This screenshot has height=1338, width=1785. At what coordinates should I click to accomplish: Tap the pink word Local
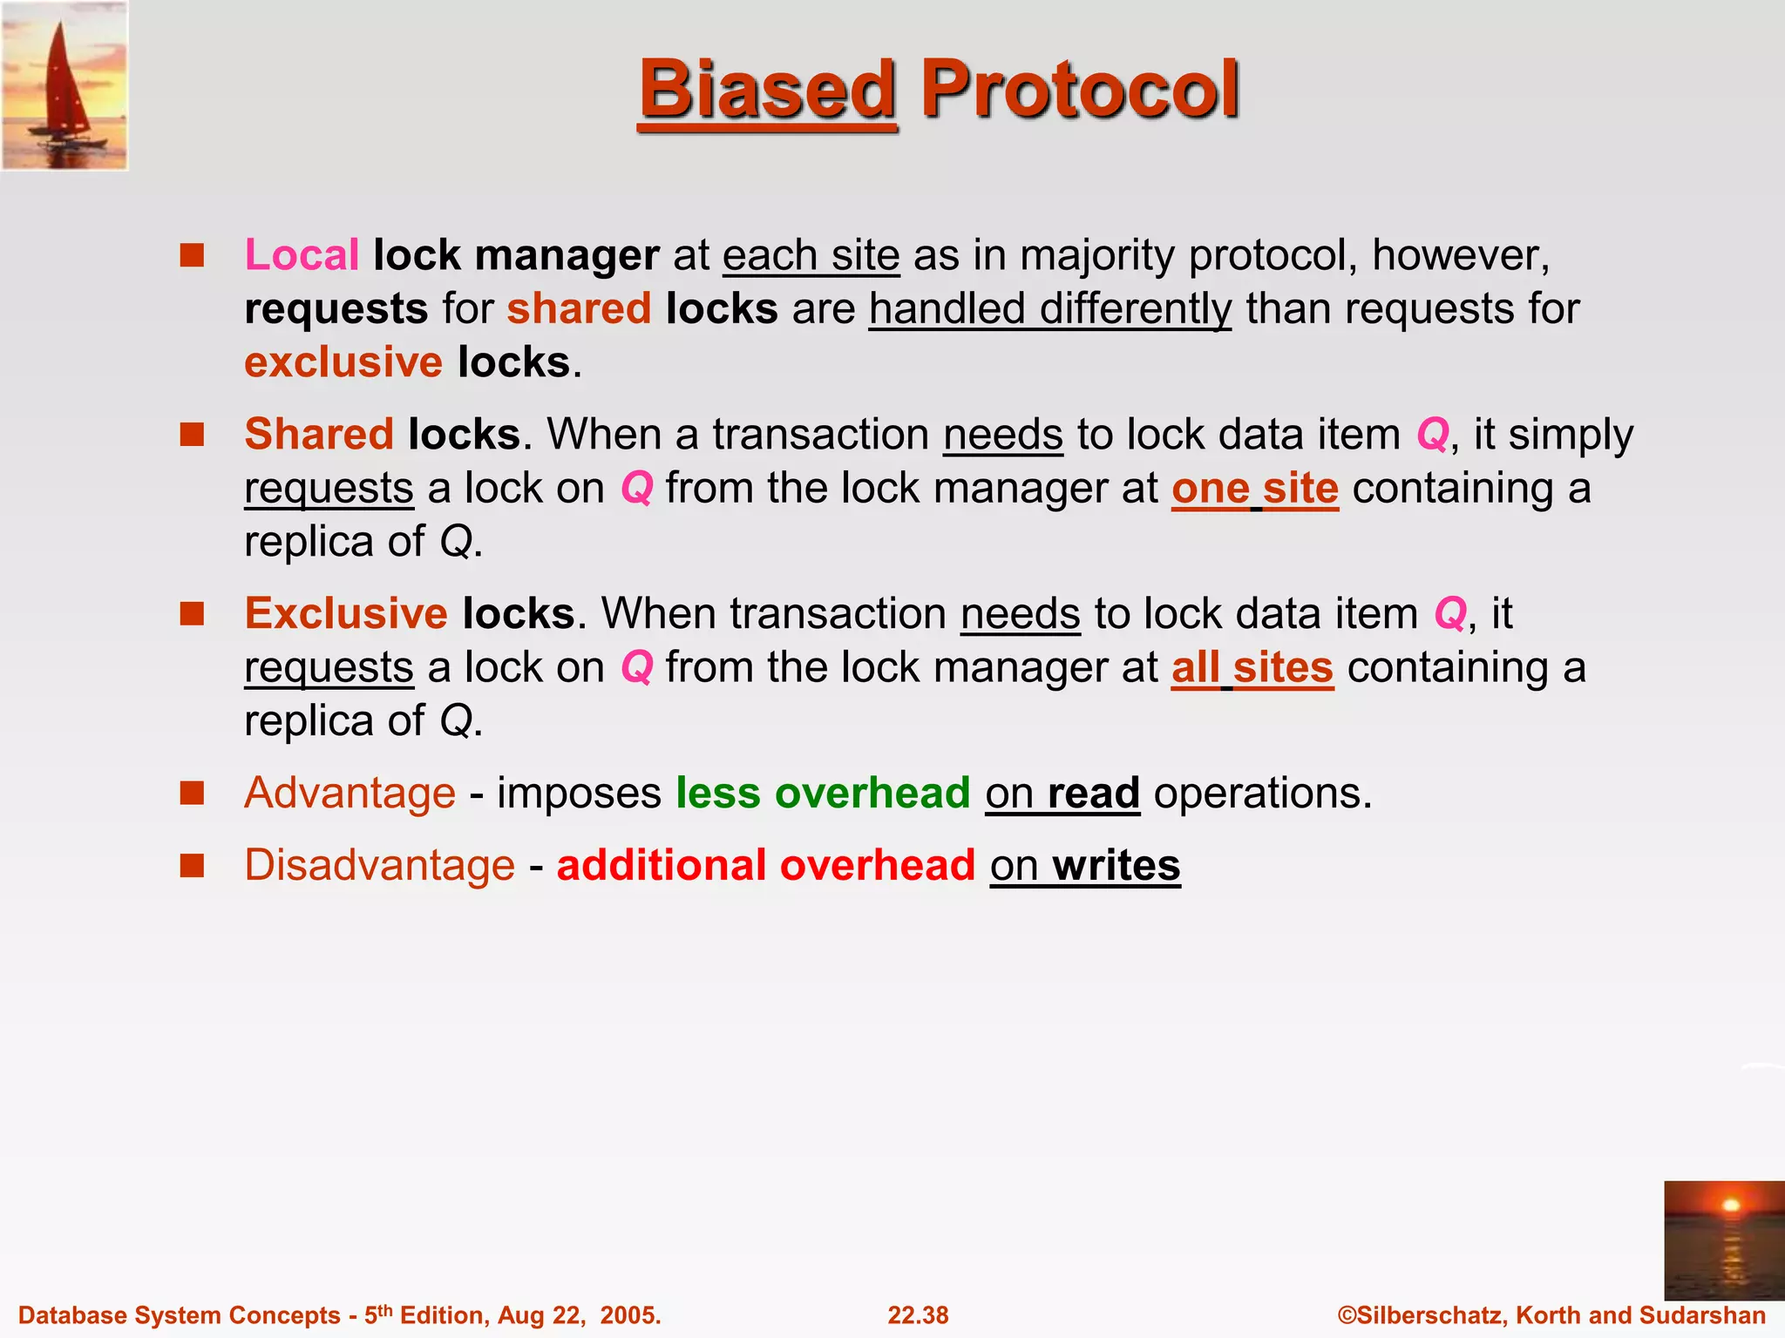[x=302, y=255]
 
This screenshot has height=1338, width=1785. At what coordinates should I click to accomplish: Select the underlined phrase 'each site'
[x=811, y=255]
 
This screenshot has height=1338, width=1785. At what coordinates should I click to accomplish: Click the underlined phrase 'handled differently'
[x=1049, y=309]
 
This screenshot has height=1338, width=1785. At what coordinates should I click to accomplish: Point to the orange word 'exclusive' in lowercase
[x=343, y=362]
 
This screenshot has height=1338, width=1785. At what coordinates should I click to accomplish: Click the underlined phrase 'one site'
[x=1254, y=488]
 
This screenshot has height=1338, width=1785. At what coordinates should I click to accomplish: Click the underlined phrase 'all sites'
[x=1252, y=667]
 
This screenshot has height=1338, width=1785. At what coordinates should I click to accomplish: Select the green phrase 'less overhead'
[x=823, y=793]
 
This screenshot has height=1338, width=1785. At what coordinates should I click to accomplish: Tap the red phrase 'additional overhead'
[x=765, y=865]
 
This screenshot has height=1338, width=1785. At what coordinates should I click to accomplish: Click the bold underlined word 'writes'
[x=1116, y=865]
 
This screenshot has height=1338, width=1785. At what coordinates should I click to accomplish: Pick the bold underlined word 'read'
[x=1093, y=793]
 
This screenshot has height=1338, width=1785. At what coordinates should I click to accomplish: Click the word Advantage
[x=350, y=793]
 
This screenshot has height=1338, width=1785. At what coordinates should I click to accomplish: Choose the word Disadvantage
[x=379, y=865]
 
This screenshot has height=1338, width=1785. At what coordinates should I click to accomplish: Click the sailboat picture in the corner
[x=64, y=85]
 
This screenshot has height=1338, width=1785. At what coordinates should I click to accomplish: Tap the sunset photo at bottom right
[x=1723, y=1240]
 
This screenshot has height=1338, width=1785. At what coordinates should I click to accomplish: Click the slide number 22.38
[x=918, y=1315]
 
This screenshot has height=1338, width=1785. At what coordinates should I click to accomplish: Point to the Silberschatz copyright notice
[x=1551, y=1315]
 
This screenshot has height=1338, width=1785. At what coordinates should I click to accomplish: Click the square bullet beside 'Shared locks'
[x=192, y=434]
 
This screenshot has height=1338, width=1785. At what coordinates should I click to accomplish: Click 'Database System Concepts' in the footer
[x=179, y=1315]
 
